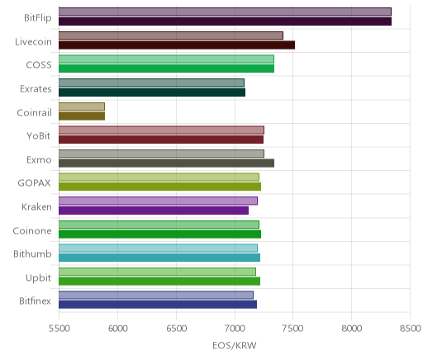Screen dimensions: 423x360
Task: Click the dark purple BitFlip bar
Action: (225, 21)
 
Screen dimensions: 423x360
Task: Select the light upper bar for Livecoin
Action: (171, 36)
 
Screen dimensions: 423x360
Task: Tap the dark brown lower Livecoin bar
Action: (177, 45)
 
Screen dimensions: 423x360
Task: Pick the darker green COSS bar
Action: (166, 69)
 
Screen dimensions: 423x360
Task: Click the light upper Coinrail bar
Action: (82, 107)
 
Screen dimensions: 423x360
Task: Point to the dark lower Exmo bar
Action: (166, 163)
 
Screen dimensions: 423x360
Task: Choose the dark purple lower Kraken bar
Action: (154, 211)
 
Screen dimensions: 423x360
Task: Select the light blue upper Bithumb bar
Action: (158, 248)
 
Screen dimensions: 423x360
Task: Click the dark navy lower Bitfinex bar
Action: (158, 305)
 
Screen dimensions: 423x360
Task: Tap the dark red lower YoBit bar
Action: (161, 140)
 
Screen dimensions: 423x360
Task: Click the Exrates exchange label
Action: (36, 89)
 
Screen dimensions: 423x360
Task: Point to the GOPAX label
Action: (35, 183)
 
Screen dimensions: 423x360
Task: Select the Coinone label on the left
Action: (32, 230)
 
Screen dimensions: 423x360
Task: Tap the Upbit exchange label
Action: (39, 277)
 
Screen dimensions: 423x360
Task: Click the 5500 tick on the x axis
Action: (59, 329)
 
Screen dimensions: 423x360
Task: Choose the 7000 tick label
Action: (235, 329)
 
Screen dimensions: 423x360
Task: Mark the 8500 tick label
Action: (411, 329)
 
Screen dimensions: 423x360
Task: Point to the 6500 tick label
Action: (176, 329)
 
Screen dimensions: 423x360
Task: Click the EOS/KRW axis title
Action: (235, 345)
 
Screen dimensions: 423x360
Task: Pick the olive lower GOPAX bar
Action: (159, 187)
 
